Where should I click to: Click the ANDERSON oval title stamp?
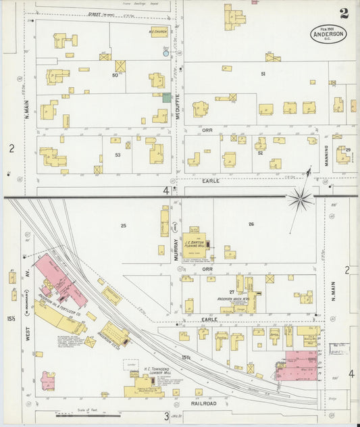pos(328,32)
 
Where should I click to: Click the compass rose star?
pos(300,198)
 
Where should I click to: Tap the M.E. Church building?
pos(159,32)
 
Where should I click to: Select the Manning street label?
pos(325,155)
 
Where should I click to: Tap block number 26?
pos(251,224)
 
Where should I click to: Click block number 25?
pos(124,225)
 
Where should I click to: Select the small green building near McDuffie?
pos(166,98)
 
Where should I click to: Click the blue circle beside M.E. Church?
pos(165,52)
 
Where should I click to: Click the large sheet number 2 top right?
pos(344,13)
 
